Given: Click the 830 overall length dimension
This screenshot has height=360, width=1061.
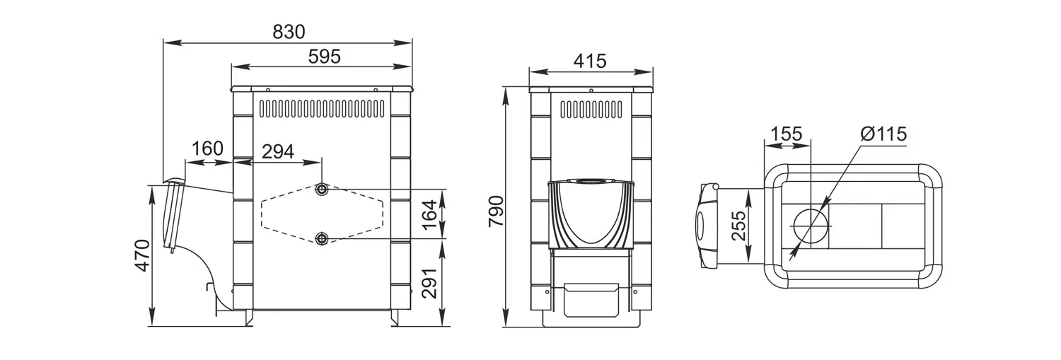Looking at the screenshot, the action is [289, 32].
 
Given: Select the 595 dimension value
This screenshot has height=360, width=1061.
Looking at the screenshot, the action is [325, 57].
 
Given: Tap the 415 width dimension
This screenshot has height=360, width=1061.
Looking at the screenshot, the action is [590, 61].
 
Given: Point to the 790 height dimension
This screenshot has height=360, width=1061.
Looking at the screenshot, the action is [496, 211].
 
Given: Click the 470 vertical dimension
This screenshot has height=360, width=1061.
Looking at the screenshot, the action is [143, 256].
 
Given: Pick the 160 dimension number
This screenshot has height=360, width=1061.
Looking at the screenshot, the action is [207, 149].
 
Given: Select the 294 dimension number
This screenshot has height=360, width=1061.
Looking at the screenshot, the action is [278, 151].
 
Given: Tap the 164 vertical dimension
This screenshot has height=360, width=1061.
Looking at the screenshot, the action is [429, 214].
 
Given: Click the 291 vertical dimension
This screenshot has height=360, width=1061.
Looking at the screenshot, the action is [429, 284].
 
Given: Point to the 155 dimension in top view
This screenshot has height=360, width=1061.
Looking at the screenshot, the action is [787, 134].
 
